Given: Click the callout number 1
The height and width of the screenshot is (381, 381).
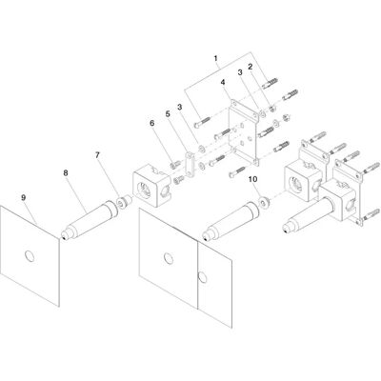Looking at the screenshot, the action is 216,58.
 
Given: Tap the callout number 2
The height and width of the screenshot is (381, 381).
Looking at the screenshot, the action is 251,67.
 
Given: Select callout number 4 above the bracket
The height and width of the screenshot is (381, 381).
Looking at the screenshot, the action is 223,82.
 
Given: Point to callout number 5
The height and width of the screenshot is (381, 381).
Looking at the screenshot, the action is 168,113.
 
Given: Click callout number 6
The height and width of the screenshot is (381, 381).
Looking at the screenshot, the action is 152,123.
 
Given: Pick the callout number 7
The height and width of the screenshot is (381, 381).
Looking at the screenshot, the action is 97,155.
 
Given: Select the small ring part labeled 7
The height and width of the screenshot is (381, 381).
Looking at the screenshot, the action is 122,202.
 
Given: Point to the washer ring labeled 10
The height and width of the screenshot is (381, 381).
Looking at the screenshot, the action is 264,202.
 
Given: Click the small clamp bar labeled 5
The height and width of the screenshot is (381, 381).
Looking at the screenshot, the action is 190,164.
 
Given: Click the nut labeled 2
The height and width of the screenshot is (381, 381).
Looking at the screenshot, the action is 272,110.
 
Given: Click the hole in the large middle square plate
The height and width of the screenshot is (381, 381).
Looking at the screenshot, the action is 169,258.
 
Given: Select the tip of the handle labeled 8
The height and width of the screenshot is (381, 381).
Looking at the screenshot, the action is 64,236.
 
